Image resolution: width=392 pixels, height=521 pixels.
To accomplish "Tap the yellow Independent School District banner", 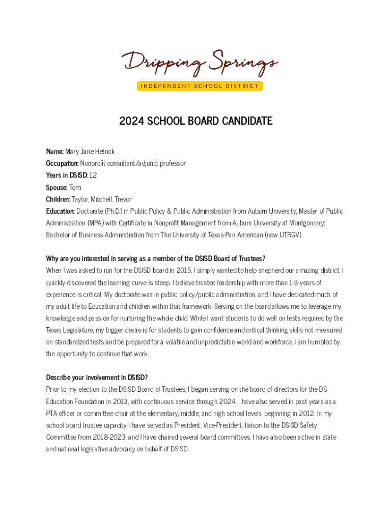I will tap(200, 86).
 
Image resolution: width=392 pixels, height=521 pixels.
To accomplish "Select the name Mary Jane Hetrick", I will tap(90, 152).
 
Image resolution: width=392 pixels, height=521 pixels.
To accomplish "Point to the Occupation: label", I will tap(62, 163).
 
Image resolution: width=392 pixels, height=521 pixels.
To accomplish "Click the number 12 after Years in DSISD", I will tap(93, 176).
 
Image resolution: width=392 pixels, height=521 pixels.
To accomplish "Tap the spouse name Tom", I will tap(75, 187).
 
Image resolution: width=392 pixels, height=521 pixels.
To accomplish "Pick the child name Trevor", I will tap(123, 199).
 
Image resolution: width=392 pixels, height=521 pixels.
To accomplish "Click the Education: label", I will tap(61, 211).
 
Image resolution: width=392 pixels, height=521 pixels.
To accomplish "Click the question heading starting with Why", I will tap(155, 258).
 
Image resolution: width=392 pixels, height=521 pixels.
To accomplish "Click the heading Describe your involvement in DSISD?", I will tap(97, 378).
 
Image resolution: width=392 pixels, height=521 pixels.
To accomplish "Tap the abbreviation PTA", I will tap(52, 414).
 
